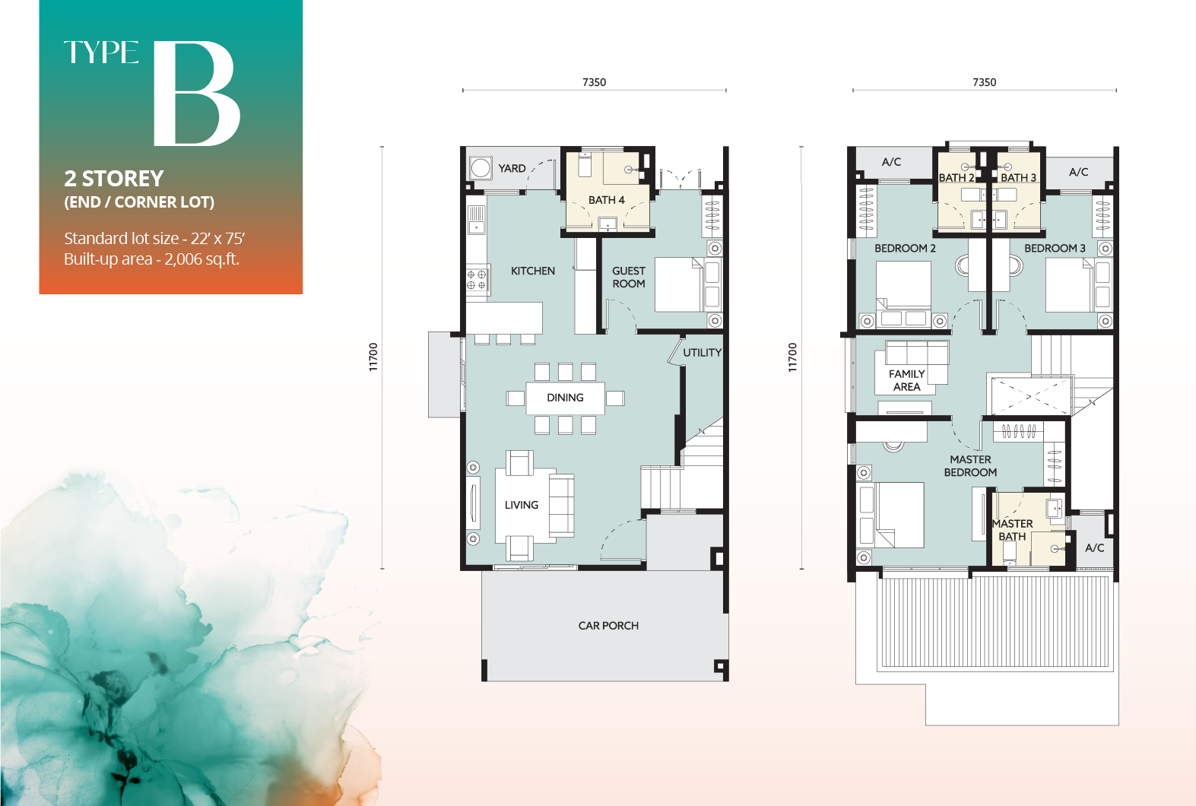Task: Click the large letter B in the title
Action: [196, 94]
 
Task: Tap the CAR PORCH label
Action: [608, 626]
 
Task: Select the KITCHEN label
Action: [532, 271]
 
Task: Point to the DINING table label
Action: [565, 398]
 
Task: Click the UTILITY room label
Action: [702, 353]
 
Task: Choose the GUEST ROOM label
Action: [629, 277]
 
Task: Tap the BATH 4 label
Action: [606, 200]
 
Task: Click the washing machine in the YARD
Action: [481, 167]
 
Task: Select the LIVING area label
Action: [521, 505]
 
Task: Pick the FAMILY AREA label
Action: [906, 380]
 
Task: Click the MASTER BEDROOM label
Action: [970, 465]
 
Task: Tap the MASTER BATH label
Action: [1013, 530]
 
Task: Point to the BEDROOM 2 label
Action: [905, 249]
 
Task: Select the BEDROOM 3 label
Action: [1054, 249]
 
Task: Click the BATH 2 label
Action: [956, 178]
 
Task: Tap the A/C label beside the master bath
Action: [1094, 547]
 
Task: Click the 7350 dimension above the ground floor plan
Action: [594, 82]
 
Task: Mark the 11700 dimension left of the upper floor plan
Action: [792, 357]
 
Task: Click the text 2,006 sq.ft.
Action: [201, 259]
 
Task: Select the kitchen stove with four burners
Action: [477, 280]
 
